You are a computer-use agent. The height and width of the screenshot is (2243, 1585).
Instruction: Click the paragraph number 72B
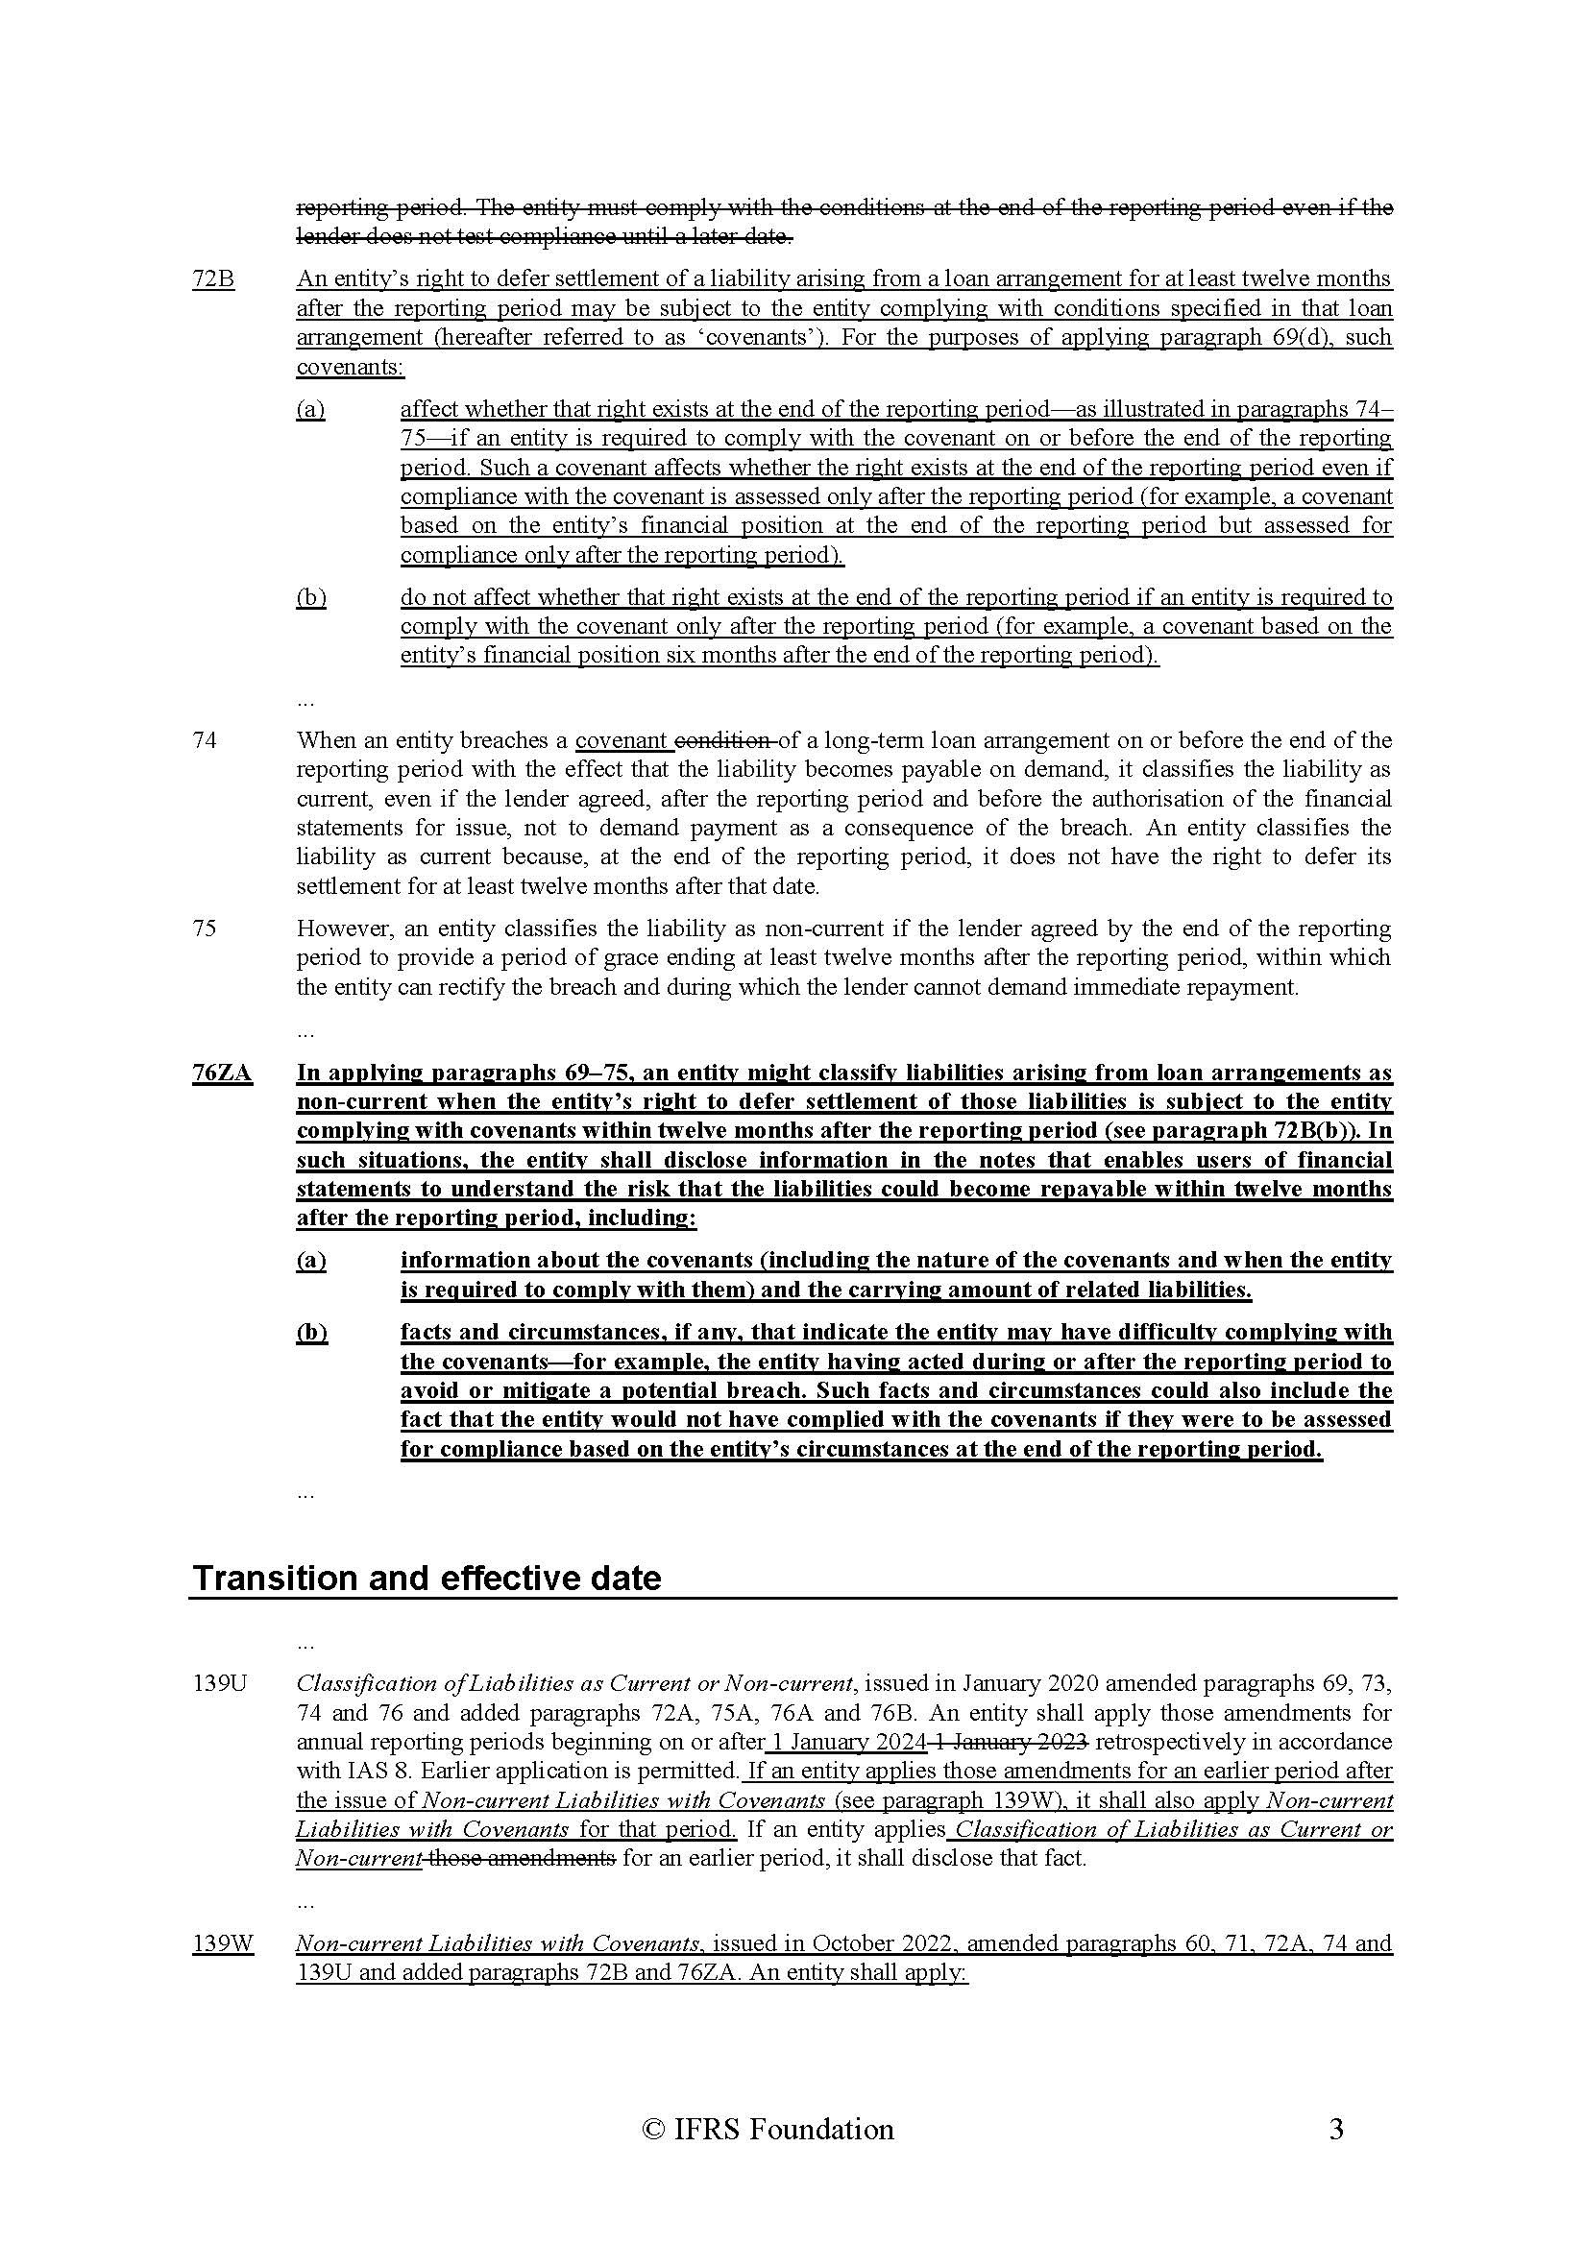(213, 278)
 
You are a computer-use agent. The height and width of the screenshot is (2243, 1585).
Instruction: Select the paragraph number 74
(205, 740)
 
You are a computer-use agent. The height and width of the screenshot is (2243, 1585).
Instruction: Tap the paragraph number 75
(205, 929)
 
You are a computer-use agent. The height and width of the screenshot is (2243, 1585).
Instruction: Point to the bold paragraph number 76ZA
(222, 1073)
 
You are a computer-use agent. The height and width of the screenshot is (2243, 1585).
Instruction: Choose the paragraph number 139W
(223, 1943)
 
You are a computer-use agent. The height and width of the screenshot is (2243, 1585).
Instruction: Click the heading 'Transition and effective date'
(427, 1578)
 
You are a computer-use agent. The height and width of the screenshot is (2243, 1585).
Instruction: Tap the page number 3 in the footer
(1336, 2129)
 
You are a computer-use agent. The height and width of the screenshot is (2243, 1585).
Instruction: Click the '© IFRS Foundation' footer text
(768, 2129)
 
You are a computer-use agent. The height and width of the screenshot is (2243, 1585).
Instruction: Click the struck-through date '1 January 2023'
(1011, 1742)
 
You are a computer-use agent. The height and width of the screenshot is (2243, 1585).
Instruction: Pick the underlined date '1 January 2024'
(848, 1742)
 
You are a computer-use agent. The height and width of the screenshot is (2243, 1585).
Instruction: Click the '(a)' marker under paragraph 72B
(310, 408)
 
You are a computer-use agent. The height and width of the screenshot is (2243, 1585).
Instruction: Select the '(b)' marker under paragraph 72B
(310, 597)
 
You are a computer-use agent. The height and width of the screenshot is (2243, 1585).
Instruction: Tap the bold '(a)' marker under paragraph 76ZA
(310, 1260)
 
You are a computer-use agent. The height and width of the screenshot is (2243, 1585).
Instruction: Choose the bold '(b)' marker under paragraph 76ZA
(312, 1333)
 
